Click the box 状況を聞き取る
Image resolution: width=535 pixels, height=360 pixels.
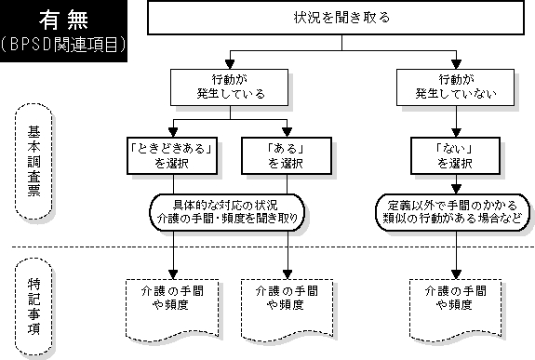point(336,18)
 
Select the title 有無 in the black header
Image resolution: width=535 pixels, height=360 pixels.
point(64,20)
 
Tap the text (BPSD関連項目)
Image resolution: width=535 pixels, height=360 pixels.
point(63,45)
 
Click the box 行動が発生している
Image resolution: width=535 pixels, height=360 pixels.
point(229,87)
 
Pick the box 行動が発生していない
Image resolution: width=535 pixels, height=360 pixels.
point(455,87)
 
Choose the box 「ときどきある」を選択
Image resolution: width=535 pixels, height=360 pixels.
point(172,156)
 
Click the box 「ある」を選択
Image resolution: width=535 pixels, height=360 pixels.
point(287,156)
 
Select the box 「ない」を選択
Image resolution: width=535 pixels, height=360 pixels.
point(455,156)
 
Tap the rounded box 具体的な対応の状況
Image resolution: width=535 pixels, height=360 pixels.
point(227,212)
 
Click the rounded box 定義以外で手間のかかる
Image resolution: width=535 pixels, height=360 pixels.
point(453,212)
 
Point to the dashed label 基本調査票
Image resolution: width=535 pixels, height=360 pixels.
point(33,161)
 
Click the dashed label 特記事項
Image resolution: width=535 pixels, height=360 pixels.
point(33,306)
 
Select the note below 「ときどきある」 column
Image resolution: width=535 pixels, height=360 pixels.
point(172,310)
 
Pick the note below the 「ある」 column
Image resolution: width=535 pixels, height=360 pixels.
point(287,310)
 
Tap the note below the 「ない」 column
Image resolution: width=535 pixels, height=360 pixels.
point(456,310)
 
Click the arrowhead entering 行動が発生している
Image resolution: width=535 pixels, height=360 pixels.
point(230,64)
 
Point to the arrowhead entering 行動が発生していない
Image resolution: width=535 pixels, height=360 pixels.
point(456,64)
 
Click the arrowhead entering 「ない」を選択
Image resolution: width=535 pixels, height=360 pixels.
point(456,133)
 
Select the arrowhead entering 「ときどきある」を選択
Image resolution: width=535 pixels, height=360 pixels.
point(173,133)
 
